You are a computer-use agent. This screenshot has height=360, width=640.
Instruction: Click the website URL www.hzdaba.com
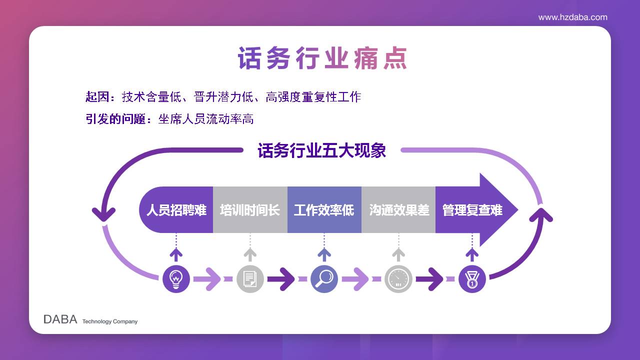572,17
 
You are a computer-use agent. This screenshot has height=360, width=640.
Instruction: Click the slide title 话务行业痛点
322,58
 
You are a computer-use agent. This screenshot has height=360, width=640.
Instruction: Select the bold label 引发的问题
115,119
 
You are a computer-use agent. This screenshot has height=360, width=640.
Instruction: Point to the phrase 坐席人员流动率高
206,119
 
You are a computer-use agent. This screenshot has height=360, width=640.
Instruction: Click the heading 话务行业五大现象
321,150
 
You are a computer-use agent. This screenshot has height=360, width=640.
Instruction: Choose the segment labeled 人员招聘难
176,210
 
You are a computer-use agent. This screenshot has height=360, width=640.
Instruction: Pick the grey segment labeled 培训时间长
250,210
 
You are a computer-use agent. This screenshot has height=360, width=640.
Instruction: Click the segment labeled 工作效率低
324,210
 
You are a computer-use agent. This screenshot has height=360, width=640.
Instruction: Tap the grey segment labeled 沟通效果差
398,210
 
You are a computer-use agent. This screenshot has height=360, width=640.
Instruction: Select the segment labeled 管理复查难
472,210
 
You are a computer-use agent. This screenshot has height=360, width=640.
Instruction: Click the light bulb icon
176,279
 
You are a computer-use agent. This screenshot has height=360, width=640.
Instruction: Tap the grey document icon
250,279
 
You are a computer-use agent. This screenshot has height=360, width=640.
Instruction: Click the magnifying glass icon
324,279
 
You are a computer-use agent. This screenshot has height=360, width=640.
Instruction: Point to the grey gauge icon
398,279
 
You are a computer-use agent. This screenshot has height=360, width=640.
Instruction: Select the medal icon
472,279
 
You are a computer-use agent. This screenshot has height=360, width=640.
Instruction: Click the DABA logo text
60,319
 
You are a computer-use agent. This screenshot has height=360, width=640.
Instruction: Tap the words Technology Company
110,321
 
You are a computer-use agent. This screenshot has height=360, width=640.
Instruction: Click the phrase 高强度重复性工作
313,97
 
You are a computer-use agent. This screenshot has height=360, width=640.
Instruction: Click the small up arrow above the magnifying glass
324,255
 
